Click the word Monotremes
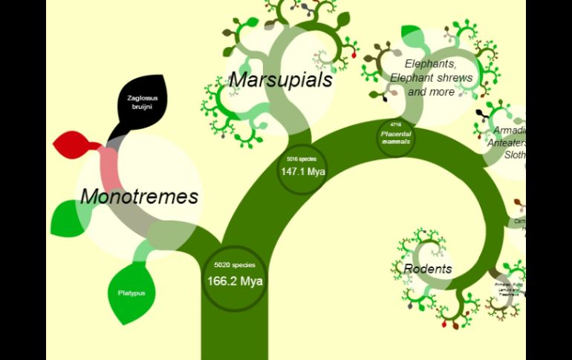[139, 197]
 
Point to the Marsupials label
[280, 80]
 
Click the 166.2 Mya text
[235, 281]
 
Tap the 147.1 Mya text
[303, 171]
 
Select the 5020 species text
[234, 265]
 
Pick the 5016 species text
[302, 159]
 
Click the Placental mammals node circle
[395, 138]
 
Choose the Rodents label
[428, 269]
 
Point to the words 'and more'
[431, 92]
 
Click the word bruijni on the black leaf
[141, 107]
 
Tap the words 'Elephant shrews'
[431, 78]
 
